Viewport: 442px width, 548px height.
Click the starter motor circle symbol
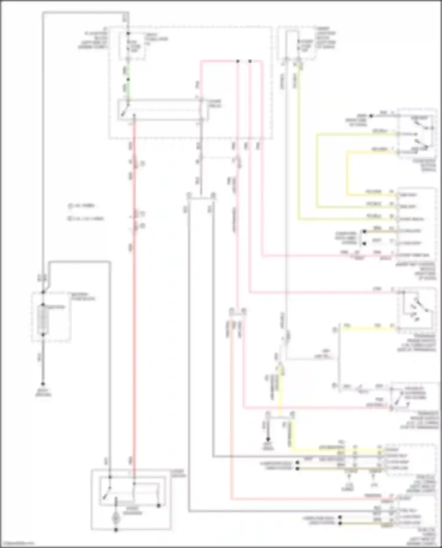tap(116, 519)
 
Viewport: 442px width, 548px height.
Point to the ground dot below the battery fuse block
tap(43, 384)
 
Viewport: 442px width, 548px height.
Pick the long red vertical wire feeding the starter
tap(133, 294)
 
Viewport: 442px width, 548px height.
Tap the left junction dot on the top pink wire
tap(238, 61)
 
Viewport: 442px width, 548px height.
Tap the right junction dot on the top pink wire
tap(250, 61)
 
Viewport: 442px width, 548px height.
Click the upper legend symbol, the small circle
tap(70, 206)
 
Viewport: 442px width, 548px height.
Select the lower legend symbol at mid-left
tap(70, 219)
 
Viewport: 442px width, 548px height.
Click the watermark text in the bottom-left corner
tap(18, 544)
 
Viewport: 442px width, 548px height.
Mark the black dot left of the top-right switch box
tap(371, 116)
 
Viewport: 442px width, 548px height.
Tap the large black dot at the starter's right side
tap(159, 506)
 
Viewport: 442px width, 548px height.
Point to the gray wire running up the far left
tap(43, 147)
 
